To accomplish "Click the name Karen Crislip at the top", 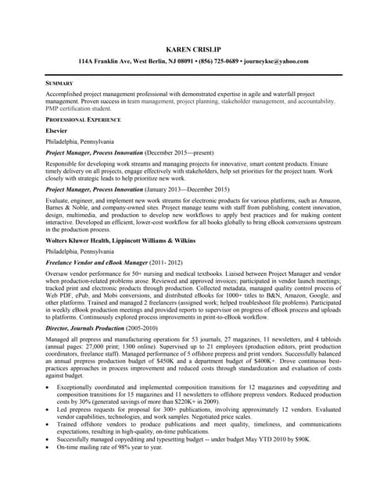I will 193,48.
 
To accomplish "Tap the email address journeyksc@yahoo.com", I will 278,61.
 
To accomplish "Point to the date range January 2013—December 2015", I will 188,190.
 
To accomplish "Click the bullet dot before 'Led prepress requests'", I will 49,409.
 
